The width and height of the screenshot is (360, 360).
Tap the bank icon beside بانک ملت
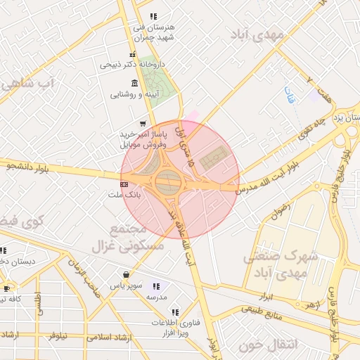124,184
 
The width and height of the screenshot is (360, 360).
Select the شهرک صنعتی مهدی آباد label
281,264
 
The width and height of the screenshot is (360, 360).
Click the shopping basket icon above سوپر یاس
126,275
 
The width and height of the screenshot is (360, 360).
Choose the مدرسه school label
155,297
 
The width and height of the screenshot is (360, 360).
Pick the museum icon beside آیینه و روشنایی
134,83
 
